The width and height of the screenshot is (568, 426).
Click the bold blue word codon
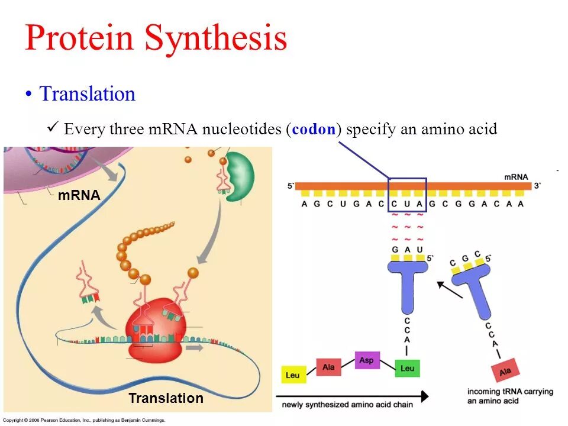click(x=314, y=129)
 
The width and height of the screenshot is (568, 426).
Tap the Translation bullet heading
click(x=87, y=94)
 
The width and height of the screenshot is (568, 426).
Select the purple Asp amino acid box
click(x=367, y=360)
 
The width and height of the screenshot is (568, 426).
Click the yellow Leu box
click(x=292, y=375)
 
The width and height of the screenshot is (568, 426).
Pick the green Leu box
click(x=407, y=368)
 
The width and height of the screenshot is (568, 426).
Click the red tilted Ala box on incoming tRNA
click(x=505, y=371)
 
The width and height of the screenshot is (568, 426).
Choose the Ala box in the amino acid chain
click(x=328, y=367)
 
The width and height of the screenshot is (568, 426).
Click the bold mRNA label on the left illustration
click(x=79, y=195)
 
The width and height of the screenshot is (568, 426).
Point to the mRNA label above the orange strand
click(x=516, y=177)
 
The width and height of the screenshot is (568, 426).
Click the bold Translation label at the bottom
click(x=166, y=398)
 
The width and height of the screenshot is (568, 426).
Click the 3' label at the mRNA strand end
click(x=537, y=186)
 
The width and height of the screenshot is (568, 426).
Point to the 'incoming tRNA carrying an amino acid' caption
click(x=510, y=396)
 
